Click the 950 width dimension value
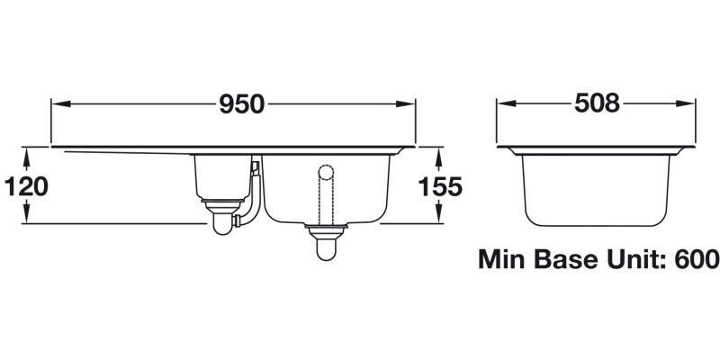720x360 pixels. (241, 104)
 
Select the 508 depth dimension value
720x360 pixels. (597, 104)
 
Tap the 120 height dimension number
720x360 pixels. (26, 186)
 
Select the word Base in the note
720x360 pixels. (571, 260)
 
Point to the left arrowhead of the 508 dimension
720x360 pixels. (505, 104)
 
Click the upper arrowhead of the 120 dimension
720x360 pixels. (26, 155)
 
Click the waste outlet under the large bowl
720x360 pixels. (326, 241)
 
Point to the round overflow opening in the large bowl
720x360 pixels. (326, 169)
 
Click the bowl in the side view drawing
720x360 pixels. (597, 189)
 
